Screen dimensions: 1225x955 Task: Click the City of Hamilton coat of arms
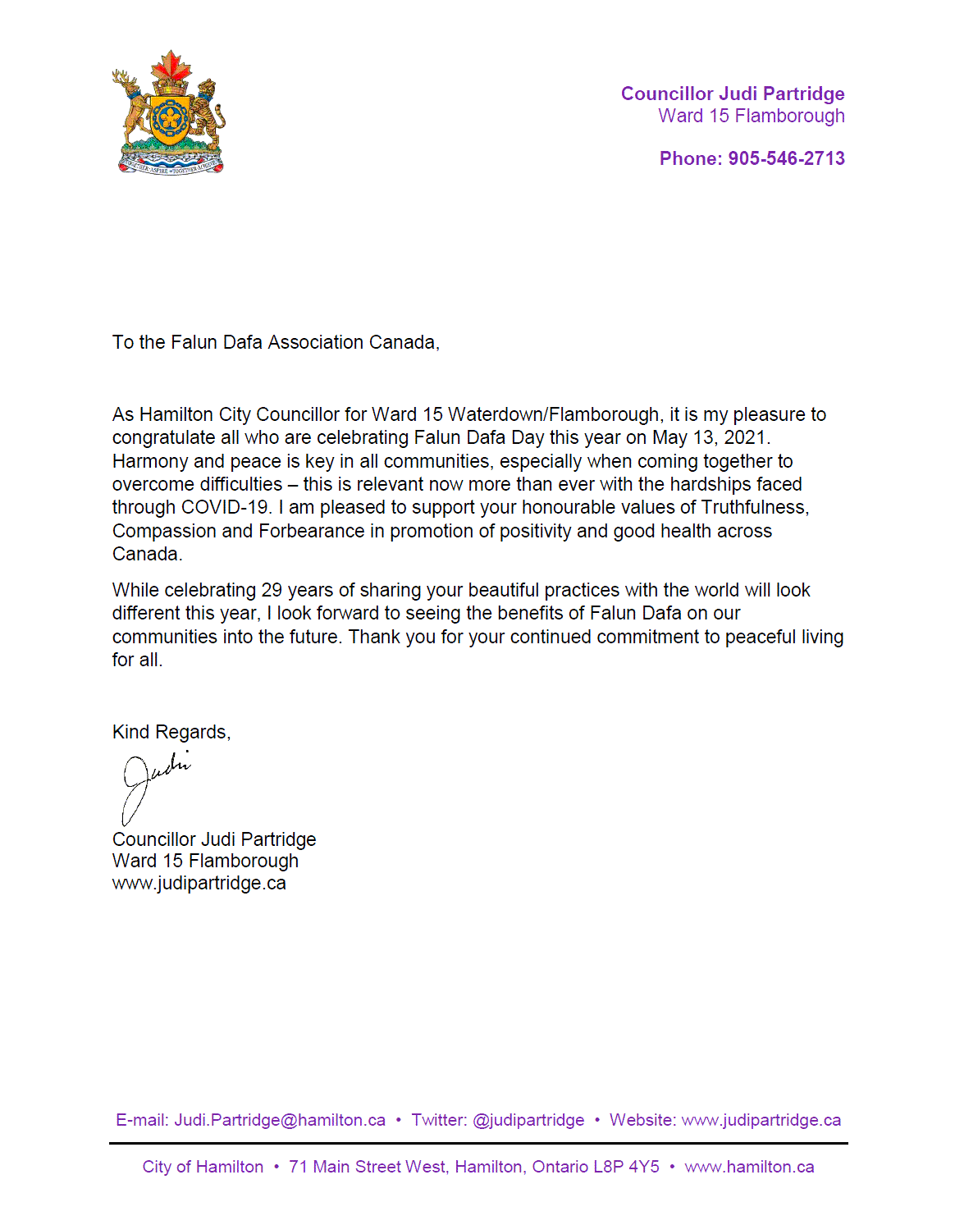169,113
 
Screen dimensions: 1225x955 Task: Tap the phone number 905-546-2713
786,158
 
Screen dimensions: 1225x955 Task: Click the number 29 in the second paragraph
272,590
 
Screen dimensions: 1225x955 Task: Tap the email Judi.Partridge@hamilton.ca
280,1120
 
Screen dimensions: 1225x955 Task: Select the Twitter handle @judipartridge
528,1120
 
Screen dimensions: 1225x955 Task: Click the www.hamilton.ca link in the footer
749,1167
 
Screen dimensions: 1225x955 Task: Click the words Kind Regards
171,732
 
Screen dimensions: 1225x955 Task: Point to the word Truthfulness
754,508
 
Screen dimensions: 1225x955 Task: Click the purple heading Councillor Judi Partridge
733,94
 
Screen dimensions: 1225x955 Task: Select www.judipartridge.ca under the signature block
199,883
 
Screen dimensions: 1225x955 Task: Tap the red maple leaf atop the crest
171,65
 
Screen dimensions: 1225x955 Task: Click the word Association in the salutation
316,342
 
